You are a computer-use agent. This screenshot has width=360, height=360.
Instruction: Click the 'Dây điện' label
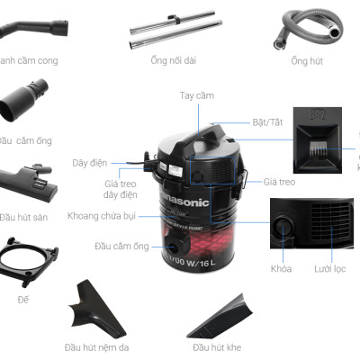[89, 163]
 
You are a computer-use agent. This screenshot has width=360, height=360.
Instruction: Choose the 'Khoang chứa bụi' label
[101, 216]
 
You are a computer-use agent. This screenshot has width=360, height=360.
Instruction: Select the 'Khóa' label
[282, 269]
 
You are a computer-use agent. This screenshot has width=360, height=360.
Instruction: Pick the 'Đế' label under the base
[22, 298]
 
